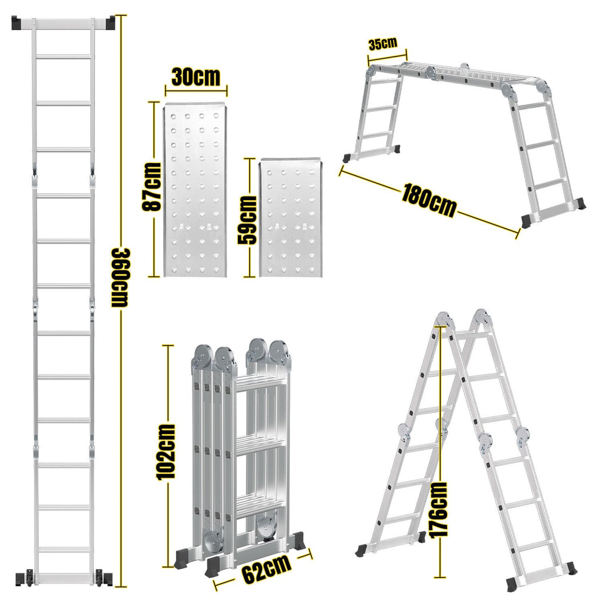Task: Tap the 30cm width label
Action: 196,77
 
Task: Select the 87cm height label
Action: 152,188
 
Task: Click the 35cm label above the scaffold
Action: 383,44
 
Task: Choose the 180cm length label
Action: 429,200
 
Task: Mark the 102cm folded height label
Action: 167,452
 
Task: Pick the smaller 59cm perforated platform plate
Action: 289,217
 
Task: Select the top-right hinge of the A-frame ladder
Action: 483,317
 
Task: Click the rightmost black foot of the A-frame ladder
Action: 569,568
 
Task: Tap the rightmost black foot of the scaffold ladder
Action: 579,204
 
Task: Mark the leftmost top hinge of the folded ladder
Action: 202,356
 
